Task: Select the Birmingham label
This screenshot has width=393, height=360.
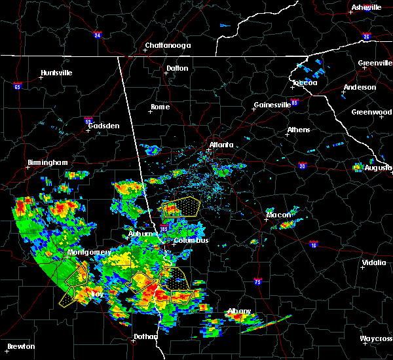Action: click(47, 162)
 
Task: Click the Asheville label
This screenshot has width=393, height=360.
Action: click(366, 7)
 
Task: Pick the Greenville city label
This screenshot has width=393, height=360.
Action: click(375, 63)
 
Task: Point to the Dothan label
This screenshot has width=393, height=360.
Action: click(145, 336)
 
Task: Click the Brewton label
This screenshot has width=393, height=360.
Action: click(20, 346)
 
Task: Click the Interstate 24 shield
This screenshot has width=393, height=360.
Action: click(97, 35)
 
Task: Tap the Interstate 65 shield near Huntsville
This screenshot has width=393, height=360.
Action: click(18, 86)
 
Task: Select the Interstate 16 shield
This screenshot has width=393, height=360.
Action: click(314, 245)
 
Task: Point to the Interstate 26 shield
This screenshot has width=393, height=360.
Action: click(366, 37)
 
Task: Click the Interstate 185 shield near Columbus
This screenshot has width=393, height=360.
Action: click(164, 228)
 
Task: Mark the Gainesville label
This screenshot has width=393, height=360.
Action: click(272, 105)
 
